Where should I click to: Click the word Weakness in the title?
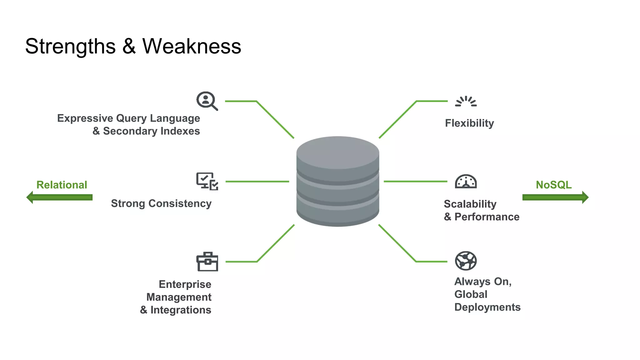pos(192,46)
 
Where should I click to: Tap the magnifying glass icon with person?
pos(207,101)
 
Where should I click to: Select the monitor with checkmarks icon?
pos(207,181)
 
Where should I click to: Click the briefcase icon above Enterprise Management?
pos(207,262)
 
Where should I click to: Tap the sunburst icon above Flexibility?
pos(466,102)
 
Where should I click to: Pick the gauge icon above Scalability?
pos(466,182)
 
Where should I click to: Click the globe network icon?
pos(466,261)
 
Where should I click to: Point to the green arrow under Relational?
pos(59,197)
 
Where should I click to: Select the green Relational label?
pos(62,185)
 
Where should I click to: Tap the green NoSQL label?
pos(554,185)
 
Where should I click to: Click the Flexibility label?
pos(469,123)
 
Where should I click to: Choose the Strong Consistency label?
pos(161,203)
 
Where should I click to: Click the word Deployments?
pos(487,307)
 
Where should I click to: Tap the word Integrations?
pos(181,310)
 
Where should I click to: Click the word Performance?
pos(487,217)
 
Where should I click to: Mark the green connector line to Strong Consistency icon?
pos(257,182)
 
